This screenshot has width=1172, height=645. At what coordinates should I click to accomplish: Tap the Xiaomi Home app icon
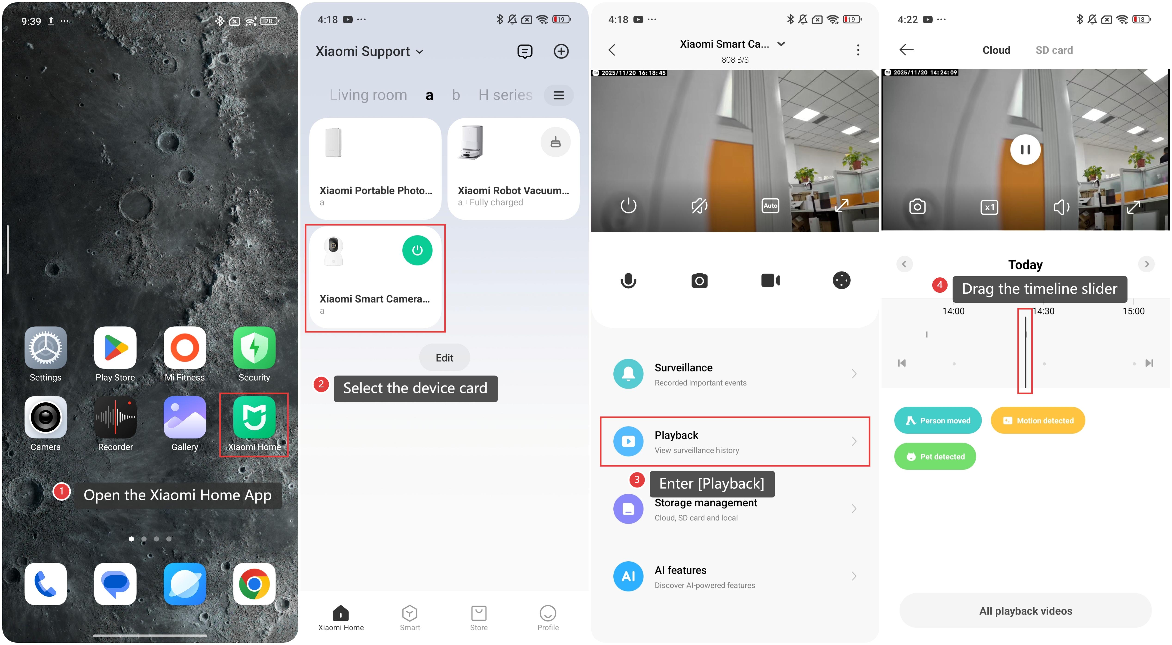tap(254, 417)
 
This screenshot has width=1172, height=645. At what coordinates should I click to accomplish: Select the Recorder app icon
tap(115, 417)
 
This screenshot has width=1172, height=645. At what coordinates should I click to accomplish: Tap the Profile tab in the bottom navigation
tap(548, 618)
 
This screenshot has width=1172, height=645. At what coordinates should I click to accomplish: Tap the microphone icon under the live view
tap(628, 281)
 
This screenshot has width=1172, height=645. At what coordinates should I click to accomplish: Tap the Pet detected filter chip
tap(935, 456)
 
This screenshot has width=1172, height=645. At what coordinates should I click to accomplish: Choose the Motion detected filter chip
tap(1038, 420)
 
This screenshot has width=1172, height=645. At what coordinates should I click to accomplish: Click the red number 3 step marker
tap(636, 479)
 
